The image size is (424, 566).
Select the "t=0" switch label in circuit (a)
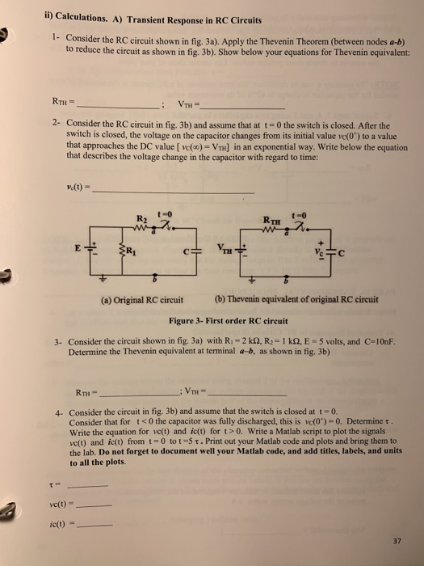tap(171, 207)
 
